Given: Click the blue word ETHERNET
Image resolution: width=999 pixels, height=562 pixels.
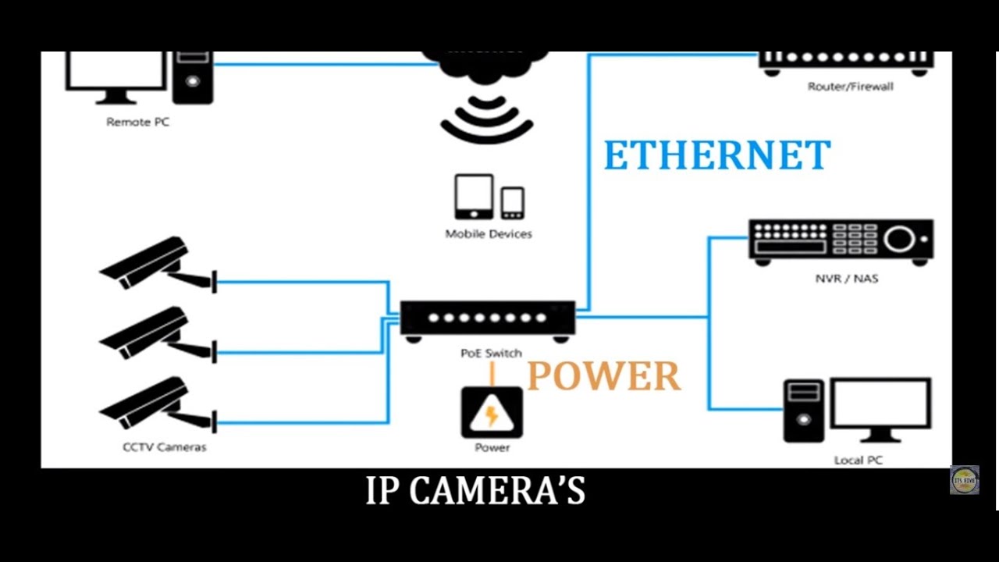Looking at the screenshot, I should pos(716,156).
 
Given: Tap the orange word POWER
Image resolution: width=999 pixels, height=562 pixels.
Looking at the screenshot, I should pos(603,377).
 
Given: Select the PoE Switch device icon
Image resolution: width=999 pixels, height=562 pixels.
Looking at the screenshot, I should pos(488,319).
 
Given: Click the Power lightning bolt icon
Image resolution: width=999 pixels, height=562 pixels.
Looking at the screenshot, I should pos(492,413).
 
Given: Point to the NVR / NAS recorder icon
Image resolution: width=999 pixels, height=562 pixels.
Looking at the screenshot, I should pos(841,241).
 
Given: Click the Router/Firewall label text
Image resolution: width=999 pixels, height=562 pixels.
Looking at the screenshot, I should pos(850,87).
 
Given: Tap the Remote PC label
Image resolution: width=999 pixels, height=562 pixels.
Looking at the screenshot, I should pos(137,122).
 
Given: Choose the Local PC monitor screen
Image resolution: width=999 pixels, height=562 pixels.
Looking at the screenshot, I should pos(880,404).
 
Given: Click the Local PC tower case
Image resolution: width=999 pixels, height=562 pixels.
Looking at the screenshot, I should pos(803,411).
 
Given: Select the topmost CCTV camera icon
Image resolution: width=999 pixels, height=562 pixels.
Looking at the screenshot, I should pos(152,263).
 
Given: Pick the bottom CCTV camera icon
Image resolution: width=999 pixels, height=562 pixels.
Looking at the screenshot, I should pos(152,404).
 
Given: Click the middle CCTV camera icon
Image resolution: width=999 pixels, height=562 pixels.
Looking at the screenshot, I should pos(152,333).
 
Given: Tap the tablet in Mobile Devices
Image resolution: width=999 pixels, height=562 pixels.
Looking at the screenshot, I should pos(474,196).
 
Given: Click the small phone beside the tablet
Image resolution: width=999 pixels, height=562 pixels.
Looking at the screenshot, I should pos(513,203).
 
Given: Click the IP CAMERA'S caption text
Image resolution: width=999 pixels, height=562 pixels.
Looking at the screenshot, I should pos(475,491).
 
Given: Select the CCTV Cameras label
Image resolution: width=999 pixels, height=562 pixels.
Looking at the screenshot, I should pos(164,447).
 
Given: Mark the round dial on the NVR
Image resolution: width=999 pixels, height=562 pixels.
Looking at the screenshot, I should pos(899,239).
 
